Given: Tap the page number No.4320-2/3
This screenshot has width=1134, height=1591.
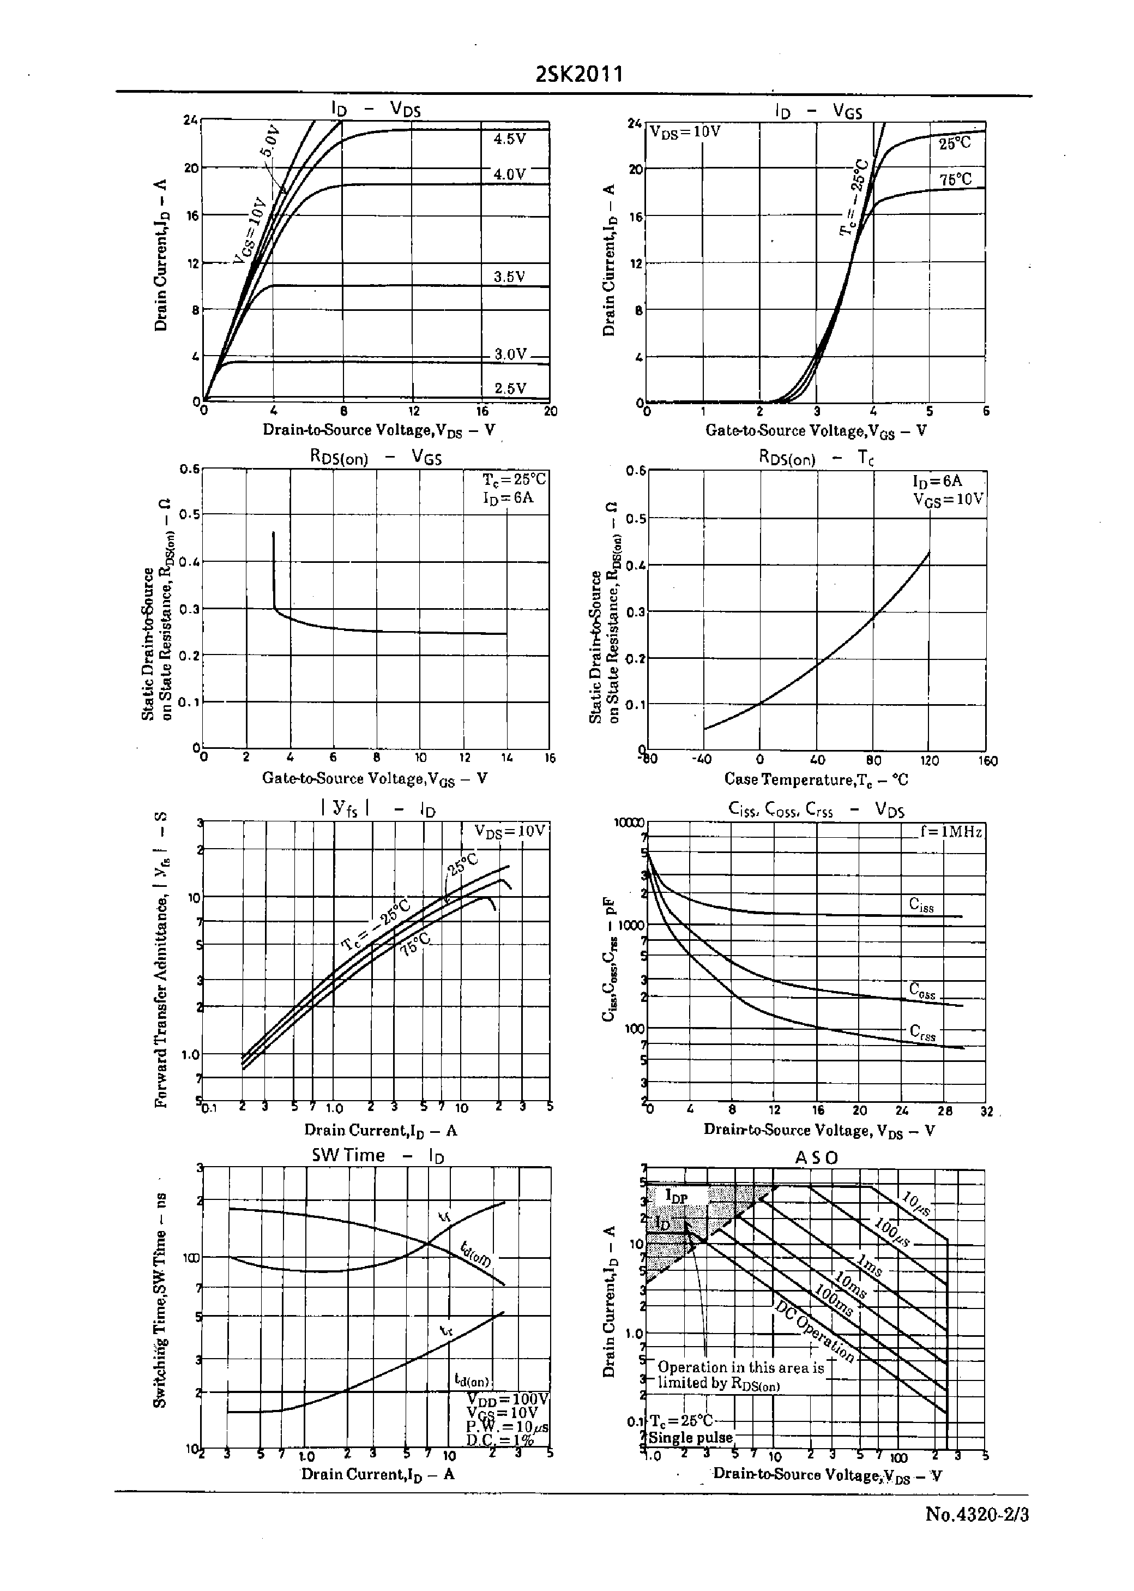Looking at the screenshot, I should click(977, 1514).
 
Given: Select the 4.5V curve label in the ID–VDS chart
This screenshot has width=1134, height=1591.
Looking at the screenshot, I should click(509, 139).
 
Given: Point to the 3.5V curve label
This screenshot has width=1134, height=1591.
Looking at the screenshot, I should click(509, 277).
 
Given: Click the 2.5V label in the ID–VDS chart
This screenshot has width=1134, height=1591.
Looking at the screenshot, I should click(510, 388).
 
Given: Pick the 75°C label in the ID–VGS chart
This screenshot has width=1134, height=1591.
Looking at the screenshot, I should click(955, 179).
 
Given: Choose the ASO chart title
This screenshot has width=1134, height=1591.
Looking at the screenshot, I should click(816, 1158).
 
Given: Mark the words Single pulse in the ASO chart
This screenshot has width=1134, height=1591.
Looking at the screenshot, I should click(691, 1437).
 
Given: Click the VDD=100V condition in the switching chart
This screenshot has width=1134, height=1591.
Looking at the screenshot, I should click(508, 1399).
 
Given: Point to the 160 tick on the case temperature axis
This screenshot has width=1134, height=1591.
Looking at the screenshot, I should click(987, 760).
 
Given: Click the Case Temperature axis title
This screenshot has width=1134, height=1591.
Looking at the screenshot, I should click(816, 779).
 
